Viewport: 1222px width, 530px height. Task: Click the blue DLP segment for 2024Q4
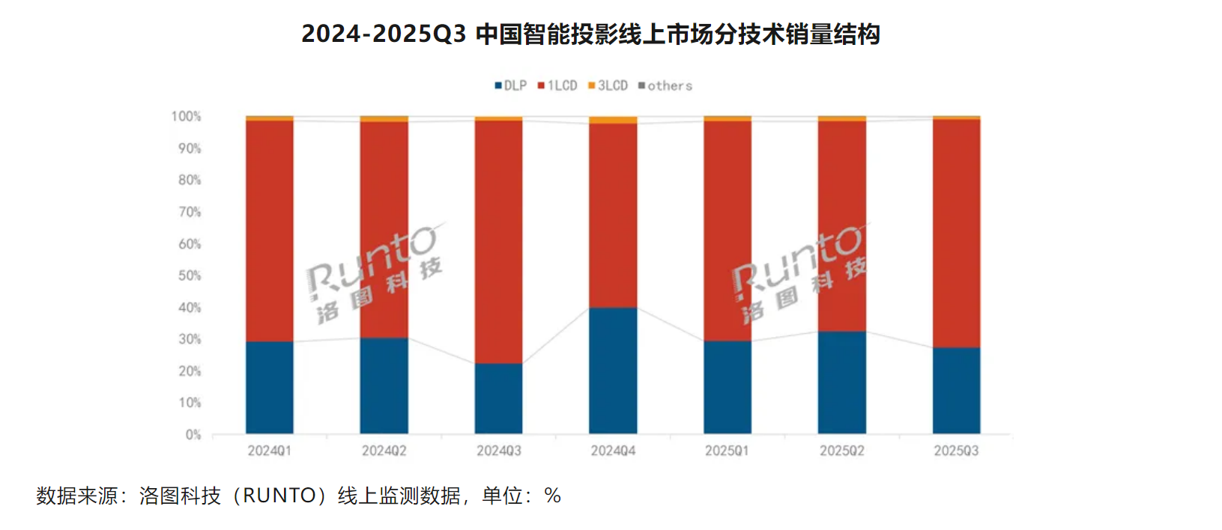[613, 371]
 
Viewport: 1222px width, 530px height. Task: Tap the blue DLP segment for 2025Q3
[956, 390]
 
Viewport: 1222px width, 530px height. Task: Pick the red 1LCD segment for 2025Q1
[728, 231]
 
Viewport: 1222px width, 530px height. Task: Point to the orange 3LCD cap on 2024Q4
[613, 121]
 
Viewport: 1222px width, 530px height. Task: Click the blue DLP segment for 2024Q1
[270, 387]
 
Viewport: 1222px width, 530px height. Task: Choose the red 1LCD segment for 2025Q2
[841, 225]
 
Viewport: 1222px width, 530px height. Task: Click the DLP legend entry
[511, 86]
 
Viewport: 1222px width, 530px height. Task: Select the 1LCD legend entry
[558, 86]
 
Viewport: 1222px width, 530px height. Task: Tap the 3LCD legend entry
[608, 86]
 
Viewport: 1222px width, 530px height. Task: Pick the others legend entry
[665, 86]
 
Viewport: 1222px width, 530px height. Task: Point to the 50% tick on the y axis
[190, 275]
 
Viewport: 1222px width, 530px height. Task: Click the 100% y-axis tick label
[186, 117]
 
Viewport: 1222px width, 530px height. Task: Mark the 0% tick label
[193, 435]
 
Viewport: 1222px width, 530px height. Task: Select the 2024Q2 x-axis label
[384, 451]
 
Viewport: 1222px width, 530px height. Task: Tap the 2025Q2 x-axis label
[841, 451]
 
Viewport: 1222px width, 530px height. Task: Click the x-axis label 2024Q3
[498, 451]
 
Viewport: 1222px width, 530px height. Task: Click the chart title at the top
[590, 34]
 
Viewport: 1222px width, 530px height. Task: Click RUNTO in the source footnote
[279, 496]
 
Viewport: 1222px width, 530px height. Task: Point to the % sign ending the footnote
[553, 496]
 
